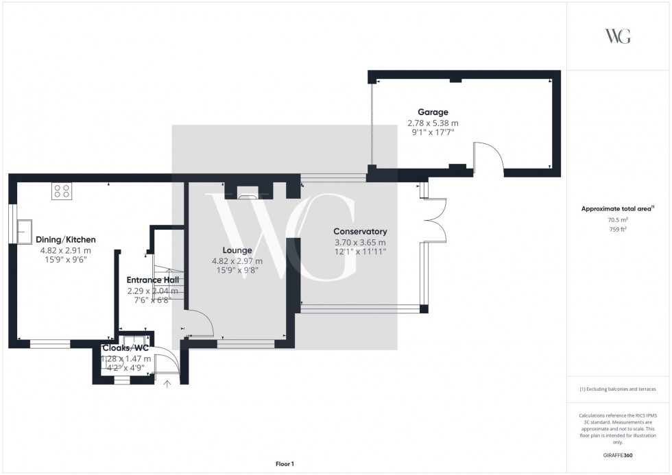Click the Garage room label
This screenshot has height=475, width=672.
pos(433,112)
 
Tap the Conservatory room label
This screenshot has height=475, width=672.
pos(360,232)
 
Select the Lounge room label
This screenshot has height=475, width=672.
pos(237,250)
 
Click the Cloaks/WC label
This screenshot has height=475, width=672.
pos(125,348)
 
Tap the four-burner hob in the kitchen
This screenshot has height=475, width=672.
pos(61,191)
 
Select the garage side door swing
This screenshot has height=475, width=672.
pos(488,156)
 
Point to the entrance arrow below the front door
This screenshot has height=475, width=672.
pos(167,384)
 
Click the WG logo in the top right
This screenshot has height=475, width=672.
pos(617,36)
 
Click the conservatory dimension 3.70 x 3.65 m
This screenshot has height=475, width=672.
pos(360,242)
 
